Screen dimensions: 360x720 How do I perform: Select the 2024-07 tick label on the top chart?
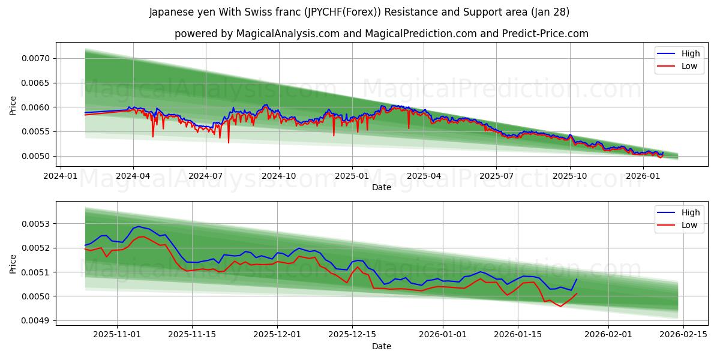tap(206, 176)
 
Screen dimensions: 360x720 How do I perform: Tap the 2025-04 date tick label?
tap(424, 176)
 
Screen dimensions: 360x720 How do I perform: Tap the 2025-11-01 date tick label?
tap(117, 335)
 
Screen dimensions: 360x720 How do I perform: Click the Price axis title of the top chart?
tap(13, 105)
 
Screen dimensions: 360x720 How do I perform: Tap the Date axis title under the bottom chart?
tap(382, 346)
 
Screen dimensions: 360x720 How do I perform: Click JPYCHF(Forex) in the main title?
tap(341, 12)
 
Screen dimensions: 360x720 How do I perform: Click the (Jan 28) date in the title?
tap(549, 12)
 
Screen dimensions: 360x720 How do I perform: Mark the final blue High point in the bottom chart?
tap(577, 279)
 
